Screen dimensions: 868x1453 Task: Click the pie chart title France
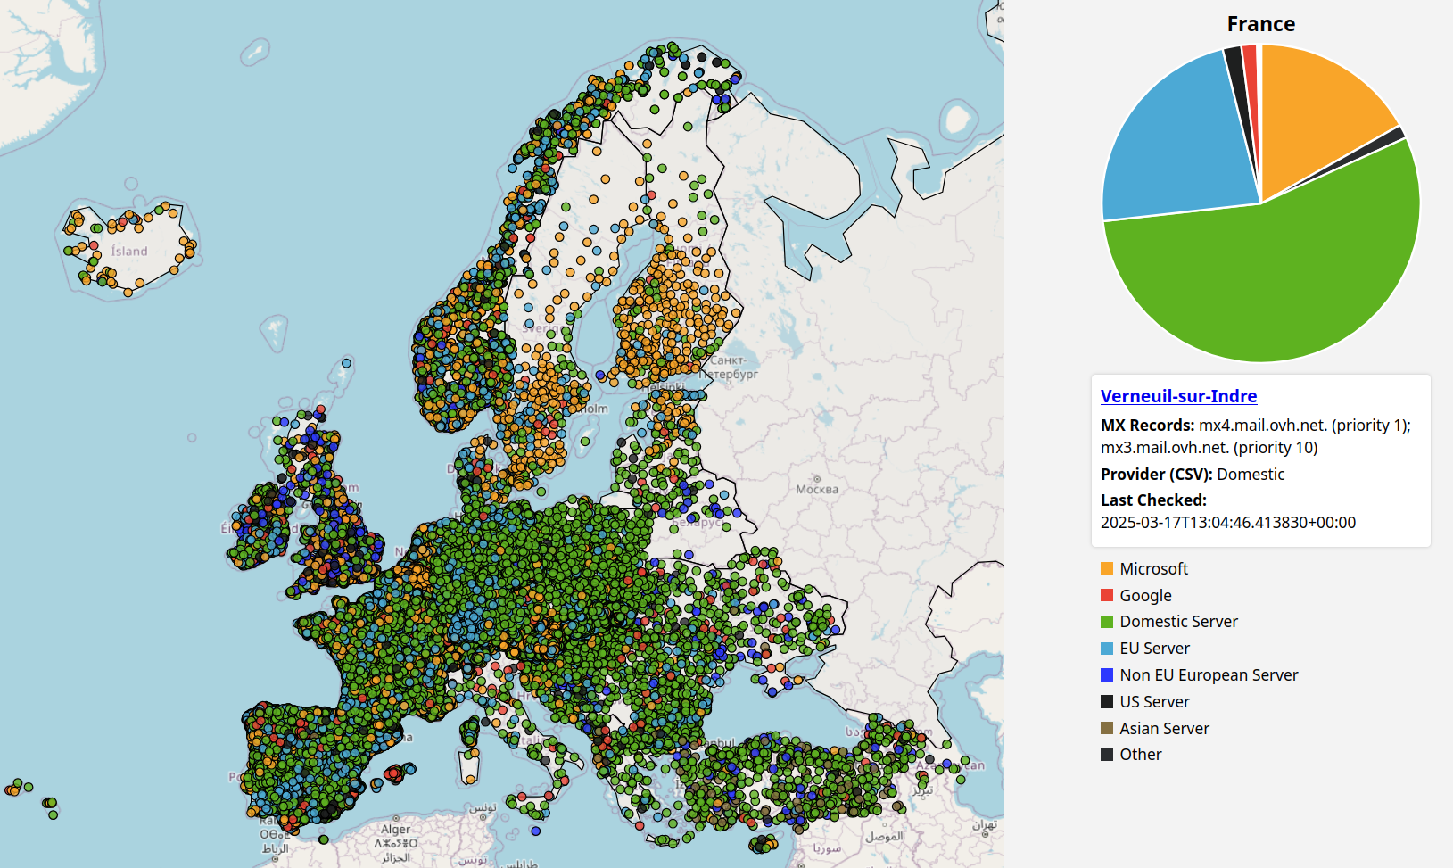click(x=1260, y=24)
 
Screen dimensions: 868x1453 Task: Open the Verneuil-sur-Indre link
click(x=1178, y=396)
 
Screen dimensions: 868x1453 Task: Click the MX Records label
click(x=1147, y=426)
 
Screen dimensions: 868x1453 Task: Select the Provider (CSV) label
click(x=1156, y=475)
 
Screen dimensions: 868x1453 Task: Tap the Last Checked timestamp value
click(x=1227, y=523)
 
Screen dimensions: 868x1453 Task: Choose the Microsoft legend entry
click(x=1153, y=569)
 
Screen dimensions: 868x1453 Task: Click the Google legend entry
click(x=1145, y=596)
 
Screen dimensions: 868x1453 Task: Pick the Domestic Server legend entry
click(x=1178, y=622)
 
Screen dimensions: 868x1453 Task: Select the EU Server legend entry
click(x=1154, y=649)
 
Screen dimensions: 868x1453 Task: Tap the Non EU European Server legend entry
click(x=1208, y=675)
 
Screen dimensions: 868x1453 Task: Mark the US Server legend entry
click(x=1154, y=702)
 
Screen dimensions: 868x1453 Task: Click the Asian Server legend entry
click(x=1164, y=729)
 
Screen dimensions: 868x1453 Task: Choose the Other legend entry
click(x=1140, y=755)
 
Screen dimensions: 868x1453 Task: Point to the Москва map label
click(x=817, y=489)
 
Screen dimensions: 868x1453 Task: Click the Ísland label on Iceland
click(x=129, y=252)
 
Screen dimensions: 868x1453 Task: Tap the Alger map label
click(x=396, y=830)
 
